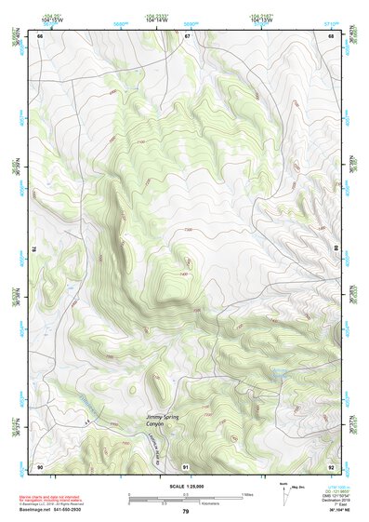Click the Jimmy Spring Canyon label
(163, 421)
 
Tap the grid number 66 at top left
(40, 36)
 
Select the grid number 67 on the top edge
(186, 36)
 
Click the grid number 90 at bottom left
(40, 466)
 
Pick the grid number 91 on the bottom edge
(186, 466)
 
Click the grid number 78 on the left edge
(34, 249)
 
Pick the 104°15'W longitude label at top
(53, 19)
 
